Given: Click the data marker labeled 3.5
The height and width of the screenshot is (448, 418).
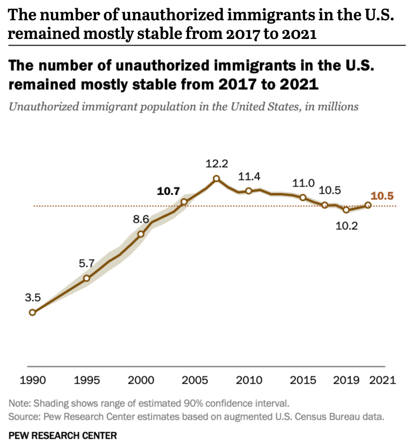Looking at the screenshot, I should coord(32,312).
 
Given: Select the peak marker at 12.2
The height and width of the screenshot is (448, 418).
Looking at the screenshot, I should coord(216,179).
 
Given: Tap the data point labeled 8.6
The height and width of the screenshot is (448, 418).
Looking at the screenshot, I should coord(141,234).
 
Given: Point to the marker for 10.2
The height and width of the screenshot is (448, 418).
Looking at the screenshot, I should coord(346,210).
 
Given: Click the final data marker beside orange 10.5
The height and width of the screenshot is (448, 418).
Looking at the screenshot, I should coord(368,205).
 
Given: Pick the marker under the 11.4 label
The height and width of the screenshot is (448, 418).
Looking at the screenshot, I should coord(249,191).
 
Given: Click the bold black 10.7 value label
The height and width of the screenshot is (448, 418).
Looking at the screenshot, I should coord(168,191).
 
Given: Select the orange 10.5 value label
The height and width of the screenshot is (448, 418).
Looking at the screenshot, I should coord(382,196).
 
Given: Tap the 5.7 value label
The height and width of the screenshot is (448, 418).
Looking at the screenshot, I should coord(87,264).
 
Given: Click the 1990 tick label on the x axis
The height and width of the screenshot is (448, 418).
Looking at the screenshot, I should coord(33,380).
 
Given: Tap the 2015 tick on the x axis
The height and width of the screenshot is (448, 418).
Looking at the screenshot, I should coord(303,380).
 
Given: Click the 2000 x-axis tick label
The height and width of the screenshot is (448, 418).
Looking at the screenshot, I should coord(141,380).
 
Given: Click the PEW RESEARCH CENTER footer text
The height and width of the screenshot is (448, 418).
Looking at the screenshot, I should coord(63,435).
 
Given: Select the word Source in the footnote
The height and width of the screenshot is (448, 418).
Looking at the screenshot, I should coord(21,416).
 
